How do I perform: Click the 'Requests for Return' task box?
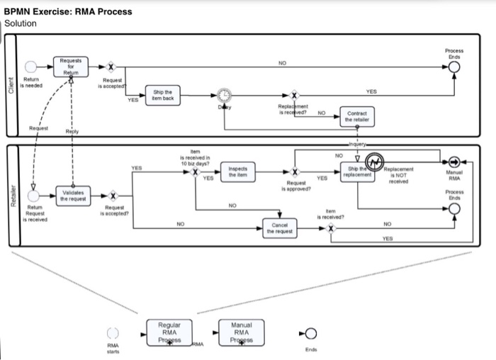click(x=69, y=67)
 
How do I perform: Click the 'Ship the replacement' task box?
click(x=358, y=171)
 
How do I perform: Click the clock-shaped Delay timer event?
click(x=223, y=95)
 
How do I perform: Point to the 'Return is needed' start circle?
click(x=30, y=67)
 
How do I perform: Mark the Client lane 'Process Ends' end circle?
click(x=454, y=67)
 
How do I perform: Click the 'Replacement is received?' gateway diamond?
click(x=294, y=95)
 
